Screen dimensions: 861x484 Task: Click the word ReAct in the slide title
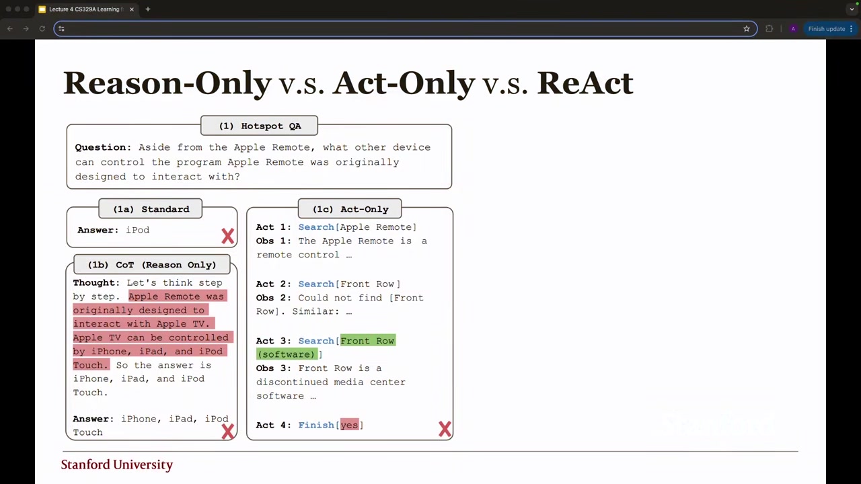(x=585, y=83)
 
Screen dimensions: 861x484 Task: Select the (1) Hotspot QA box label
(x=260, y=126)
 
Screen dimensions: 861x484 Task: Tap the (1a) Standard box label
(x=151, y=208)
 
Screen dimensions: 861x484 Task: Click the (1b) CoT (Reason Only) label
(x=152, y=265)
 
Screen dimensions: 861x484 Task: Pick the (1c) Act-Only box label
(x=350, y=208)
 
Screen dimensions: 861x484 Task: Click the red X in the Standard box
(x=227, y=236)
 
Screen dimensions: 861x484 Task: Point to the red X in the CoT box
(x=227, y=432)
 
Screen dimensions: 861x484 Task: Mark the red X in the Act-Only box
(x=445, y=429)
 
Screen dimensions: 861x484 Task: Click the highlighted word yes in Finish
(x=349, y=424)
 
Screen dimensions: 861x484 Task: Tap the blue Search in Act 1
(x=316, y=227)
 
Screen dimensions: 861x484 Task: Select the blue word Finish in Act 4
(x=316, y=425)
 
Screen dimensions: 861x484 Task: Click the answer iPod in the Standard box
(x=138, y=230)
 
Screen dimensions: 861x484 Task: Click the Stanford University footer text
(x=117, y=465)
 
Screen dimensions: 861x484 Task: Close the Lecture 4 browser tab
(x=132, y=9)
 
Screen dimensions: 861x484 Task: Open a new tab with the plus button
(x=148, y=9)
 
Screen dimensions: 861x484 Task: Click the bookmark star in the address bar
(x=747, y=29)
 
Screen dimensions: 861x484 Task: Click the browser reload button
(x=42, y=29)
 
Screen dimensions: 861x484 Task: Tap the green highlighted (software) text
(x=287, y=354)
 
